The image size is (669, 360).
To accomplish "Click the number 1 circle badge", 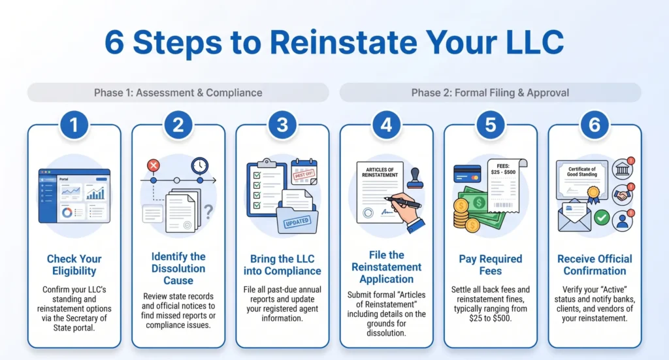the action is (74, 125).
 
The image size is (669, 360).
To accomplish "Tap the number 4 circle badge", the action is (387, 125).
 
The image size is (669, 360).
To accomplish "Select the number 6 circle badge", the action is (595, 125).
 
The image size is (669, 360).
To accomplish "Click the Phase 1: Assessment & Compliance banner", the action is (178, 93).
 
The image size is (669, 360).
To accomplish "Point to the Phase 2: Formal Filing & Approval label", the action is (490, 93).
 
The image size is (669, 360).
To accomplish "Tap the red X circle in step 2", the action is (153, 165).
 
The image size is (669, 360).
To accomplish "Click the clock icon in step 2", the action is (200, 165).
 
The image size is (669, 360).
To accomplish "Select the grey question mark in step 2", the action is (208, 212).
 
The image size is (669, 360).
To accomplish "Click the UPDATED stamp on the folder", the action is (297, 221).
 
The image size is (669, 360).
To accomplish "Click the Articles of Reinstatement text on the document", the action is (380, 172).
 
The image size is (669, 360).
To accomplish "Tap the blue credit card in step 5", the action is (466, 174).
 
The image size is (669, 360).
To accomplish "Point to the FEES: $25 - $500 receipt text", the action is (503, 169).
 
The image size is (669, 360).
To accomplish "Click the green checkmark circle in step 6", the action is (602, 218).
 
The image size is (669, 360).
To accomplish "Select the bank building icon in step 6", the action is (623, 169).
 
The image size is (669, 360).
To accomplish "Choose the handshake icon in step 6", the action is (623, 195).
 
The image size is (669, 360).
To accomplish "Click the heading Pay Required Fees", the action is (490, 265).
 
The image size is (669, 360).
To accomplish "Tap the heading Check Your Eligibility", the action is (74, 265).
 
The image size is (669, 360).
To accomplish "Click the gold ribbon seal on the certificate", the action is (593, 194).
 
